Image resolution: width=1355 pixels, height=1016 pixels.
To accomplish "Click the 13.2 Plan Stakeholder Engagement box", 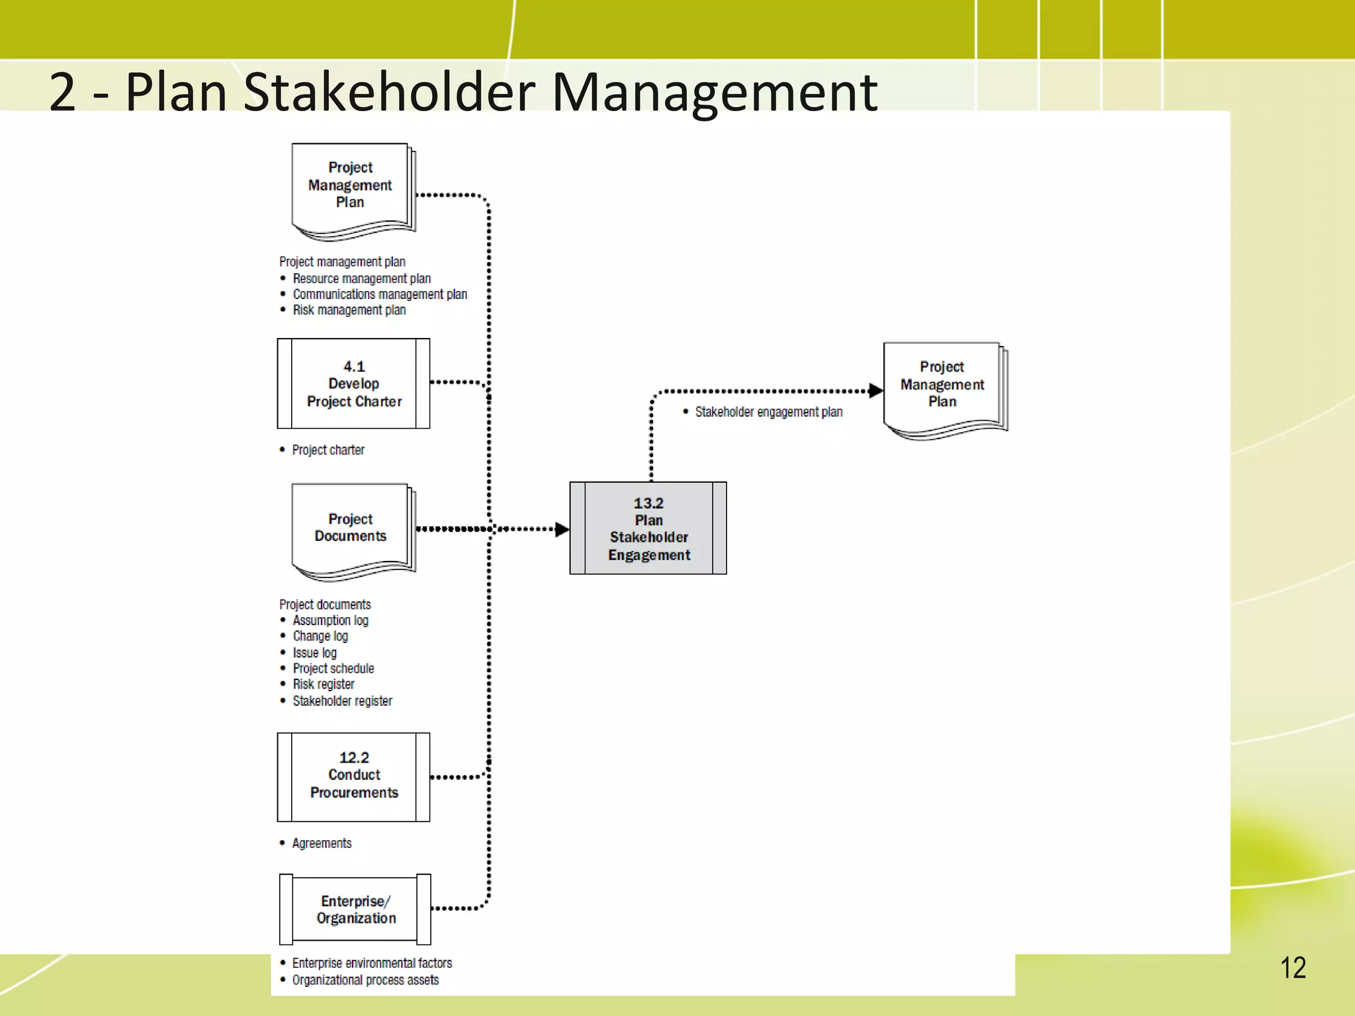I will tap(648, 528).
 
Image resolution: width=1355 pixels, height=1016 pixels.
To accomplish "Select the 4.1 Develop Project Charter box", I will tap(354, 384).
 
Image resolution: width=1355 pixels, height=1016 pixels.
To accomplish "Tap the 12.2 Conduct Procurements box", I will tap(354, 777).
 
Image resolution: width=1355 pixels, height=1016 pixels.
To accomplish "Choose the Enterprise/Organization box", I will tap(355, 910).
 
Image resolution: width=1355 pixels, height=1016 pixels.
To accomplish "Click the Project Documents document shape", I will tap(351, 529).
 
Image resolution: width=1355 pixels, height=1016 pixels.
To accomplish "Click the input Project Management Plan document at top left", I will tap(351, 189).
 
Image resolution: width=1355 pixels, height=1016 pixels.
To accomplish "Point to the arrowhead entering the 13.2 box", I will tap(562, 529).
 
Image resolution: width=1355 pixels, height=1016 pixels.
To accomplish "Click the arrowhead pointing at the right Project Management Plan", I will tap(875, 391).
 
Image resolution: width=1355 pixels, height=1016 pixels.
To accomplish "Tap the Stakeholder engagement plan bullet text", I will tap(768, 412).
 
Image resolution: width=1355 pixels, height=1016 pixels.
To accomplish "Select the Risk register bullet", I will tap(324, 684).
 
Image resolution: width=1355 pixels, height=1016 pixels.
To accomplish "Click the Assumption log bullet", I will tap(330, 620).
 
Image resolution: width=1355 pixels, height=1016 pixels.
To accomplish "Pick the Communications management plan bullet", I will tap(380, 294).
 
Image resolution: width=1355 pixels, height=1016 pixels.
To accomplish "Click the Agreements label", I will tap(322, 843).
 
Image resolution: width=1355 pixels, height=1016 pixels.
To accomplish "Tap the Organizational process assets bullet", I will tap(365, 980).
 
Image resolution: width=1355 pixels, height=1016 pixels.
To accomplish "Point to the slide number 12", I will tap(1293, 968).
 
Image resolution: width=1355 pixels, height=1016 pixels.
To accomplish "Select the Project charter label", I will tap(328, 450).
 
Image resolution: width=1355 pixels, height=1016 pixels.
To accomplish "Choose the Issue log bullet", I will tap(315, 653).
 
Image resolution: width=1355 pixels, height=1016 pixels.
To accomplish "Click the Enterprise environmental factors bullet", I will tap(372, 963).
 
